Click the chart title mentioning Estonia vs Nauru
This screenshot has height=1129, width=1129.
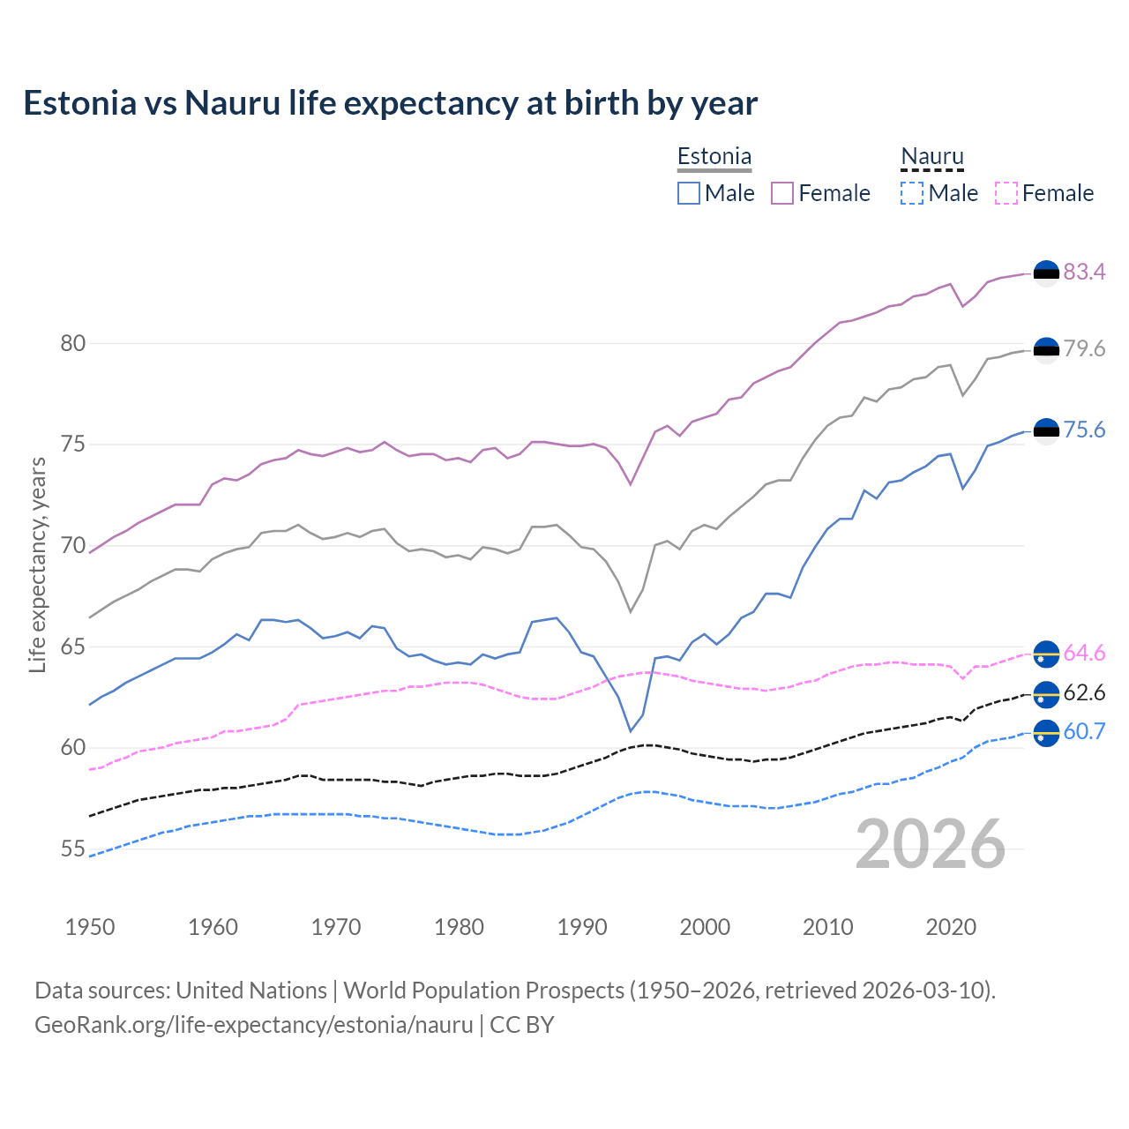pyautogui.click(x=390, y=103)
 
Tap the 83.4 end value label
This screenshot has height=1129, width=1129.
pyautogui.click(x=1084, y=272)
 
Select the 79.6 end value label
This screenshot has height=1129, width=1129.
pyautogui.click(x=1084, y=348)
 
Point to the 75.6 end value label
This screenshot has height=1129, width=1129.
pyautogui.click(x=1084, y=430)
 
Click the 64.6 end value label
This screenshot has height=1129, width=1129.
pyautogui.click(x=1084, y=653)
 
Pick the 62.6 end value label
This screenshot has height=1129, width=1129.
pyautogui.click(x=1084, y=692)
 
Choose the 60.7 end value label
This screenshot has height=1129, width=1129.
pyautogui.click(x=1084, y=731)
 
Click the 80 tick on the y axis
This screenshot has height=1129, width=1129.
pyautogui.click(x=72, y=343)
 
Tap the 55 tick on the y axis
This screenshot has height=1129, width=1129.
pyautogui.click(x=72, y=849)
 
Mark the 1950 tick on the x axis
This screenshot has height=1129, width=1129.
pyautogui.click(x=90, y=927)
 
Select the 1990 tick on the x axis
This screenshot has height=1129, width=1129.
pyautogui.click(x=582, y=927)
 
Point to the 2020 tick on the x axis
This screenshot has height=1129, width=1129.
pyautogui.click(x=951, y=927)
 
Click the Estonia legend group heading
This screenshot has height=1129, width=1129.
pyautogui.click(x=714, y=156)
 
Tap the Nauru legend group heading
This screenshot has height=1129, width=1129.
pyautogui.click(x=932, y=156)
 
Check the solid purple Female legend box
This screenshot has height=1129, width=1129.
pyautogui.click(x=783, y=193)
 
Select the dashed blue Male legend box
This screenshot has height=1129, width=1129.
pyautogui.click(x=912, y=193)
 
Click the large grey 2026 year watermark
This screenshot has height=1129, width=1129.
pyautogui.click(x=930, y=844)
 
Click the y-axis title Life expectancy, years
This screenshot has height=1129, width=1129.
pyautogui.click(x=37, y=564)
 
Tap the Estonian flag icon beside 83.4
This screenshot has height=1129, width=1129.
pyautogui.click(x=1046, y=273)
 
